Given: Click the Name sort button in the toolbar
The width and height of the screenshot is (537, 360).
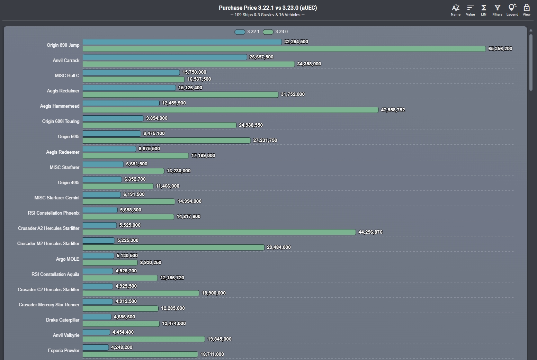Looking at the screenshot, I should point(456,10).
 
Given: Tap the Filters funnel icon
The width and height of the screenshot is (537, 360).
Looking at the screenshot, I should point(497,10).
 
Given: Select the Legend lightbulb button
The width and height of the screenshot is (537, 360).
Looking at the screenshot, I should point(512,10).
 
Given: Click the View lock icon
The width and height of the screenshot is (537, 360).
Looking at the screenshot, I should point(526,10).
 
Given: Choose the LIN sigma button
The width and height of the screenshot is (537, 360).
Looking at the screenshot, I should point(484,10).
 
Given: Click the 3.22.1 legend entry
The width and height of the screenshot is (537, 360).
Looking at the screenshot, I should point(247,32).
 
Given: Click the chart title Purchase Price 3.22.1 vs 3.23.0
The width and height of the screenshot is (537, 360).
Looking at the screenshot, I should point(268,8).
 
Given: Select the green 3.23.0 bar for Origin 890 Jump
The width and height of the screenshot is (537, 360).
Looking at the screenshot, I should point(284,49).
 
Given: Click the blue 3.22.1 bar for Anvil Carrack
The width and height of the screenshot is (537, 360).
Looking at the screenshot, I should point(165,57).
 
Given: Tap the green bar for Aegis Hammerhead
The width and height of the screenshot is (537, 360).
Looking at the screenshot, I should point(230,110).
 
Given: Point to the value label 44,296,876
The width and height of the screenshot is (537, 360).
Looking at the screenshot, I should point(370,232).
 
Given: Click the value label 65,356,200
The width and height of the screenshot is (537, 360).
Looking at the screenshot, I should point(500,49).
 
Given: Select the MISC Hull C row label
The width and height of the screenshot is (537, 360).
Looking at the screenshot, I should point(67,75).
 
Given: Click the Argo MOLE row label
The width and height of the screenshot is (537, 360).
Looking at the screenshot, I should point(68,259).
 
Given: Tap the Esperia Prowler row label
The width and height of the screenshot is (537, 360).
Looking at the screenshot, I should point(63,350).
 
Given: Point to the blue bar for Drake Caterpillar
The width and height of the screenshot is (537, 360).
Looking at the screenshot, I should point(97,317).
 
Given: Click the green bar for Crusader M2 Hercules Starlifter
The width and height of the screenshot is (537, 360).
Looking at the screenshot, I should point(173,247).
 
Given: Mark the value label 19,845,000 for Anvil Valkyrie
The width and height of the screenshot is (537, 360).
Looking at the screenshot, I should point(219,339).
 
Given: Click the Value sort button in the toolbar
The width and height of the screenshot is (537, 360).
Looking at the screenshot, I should point(470,10).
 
